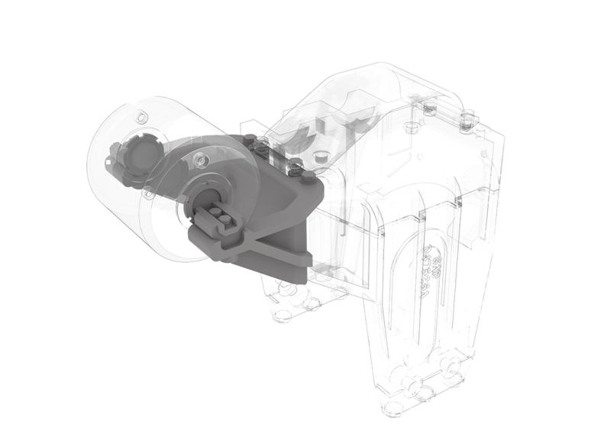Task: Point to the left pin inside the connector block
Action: (x=212, y=216)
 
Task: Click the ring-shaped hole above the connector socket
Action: (x=199, y=160)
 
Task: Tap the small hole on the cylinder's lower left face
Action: (x=103, y=164)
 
